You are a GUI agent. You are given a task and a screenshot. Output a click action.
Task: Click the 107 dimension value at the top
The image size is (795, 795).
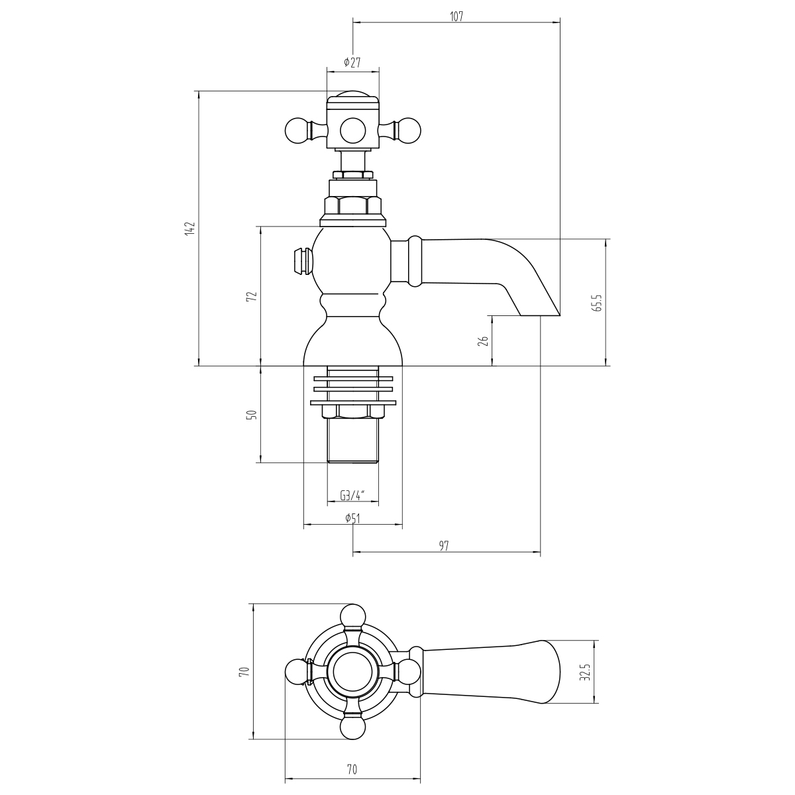click(x=456, y=17)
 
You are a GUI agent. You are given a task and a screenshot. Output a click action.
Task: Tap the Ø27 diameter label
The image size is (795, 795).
click(x=352, y=62)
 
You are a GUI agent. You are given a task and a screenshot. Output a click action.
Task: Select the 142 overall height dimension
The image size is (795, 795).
click(x=189, y=229)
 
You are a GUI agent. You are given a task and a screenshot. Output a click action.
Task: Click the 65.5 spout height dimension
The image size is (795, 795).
click(x=599, y=303)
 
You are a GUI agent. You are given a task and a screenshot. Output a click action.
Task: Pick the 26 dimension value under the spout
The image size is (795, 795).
click(x=484, y=341)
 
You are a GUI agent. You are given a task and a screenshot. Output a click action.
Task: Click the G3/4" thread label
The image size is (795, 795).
click(x=352, y=496)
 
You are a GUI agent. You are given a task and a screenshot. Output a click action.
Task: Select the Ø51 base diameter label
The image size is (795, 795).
click(x=352, y=518)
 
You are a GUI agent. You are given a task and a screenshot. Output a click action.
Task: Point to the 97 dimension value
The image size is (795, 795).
click(x=443, y=546)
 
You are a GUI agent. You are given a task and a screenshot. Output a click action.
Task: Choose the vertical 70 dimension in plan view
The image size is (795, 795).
click(x=244, y=671)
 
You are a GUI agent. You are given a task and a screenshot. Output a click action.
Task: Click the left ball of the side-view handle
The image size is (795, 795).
click(x=297, y=131)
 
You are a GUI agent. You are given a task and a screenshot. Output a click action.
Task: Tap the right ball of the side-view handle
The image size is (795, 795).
click(x=409, y=131)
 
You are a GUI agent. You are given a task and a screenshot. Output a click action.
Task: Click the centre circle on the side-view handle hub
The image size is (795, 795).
click(x=352, y=131)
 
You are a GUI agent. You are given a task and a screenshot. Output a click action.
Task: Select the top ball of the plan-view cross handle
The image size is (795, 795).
click(x=352, y=616)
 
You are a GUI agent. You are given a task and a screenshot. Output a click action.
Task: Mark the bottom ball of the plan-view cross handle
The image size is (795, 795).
click(x=352, y=727)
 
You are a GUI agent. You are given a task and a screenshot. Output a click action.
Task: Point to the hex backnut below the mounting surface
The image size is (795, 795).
click(x=352, y=411)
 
